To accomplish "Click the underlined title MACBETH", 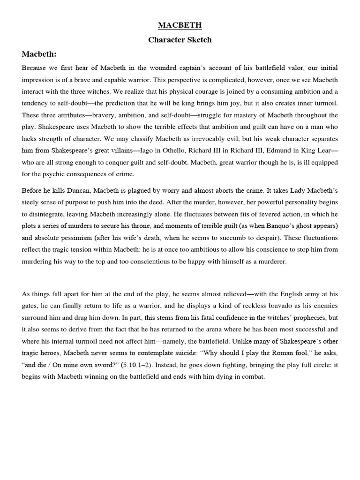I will [x=180, y=25].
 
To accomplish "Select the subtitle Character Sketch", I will [x=180, y=40].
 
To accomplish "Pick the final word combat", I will [x=253, y=376].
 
